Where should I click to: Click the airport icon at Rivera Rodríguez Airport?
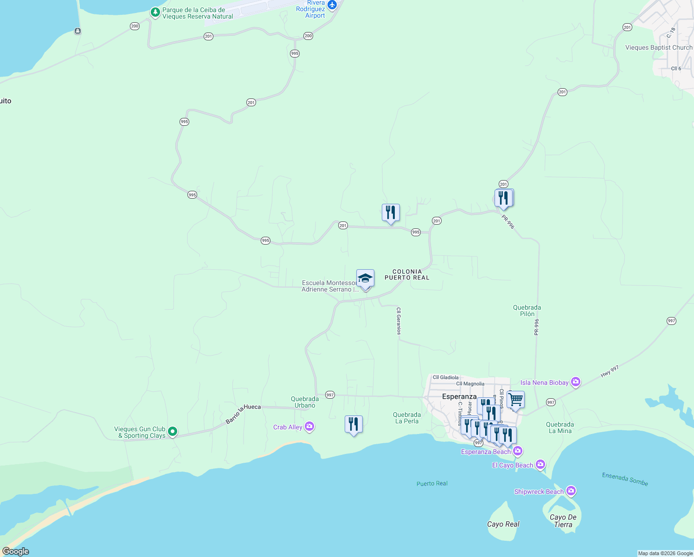[x=332, y=5]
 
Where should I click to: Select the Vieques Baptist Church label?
[x=658, y=47]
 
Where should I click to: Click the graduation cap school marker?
[x=365, y=278]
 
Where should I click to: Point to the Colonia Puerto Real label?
[x=407, y=274]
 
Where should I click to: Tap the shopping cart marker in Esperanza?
[x=515, y=400]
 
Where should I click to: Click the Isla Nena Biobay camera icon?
[x=576, y=382]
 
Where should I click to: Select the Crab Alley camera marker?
[x=310, y=427]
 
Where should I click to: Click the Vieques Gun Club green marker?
[x=173, y=432]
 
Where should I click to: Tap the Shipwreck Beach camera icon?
[x=571, y=491]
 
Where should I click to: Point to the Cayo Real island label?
[x=503, y=524]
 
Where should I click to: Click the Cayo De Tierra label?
[x=563, y=521]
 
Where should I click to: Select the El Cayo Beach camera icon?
[x=540, y=464]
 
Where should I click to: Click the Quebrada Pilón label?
[x=527, y=311]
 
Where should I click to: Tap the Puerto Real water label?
[x=432, y=483]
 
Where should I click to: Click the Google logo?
[x=15, y=551]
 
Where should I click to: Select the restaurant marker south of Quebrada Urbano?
[x=353, y=424]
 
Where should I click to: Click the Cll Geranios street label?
[x=398, y=321]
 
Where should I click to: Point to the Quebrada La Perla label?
[x=407, y=418]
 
